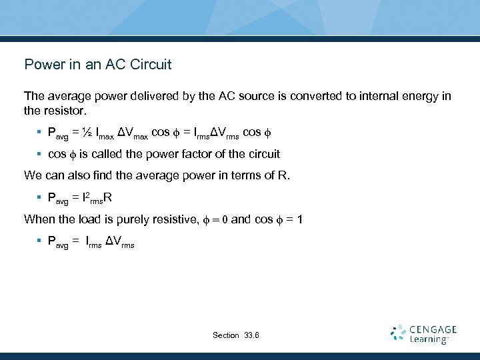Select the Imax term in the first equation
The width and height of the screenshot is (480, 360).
[105, 133]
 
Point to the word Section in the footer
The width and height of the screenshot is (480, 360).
[226, 335]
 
